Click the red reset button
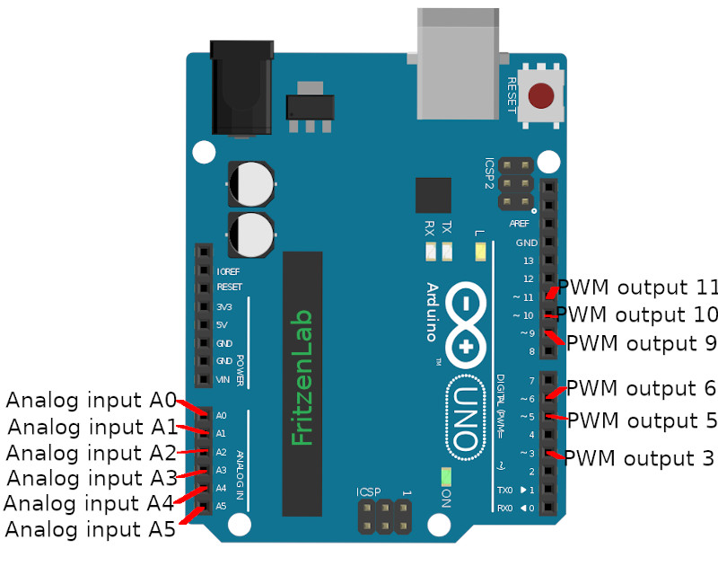tap(541, 96)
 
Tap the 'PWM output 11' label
tap(638, 287)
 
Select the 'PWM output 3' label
tap(638, 458)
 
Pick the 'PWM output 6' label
tap(642, 388)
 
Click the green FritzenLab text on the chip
tap(302, 377)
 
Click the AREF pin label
tap(520, 224)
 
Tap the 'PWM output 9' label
tap(642, 342)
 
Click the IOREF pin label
tap(229, 271)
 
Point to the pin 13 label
tap(528, 261)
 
